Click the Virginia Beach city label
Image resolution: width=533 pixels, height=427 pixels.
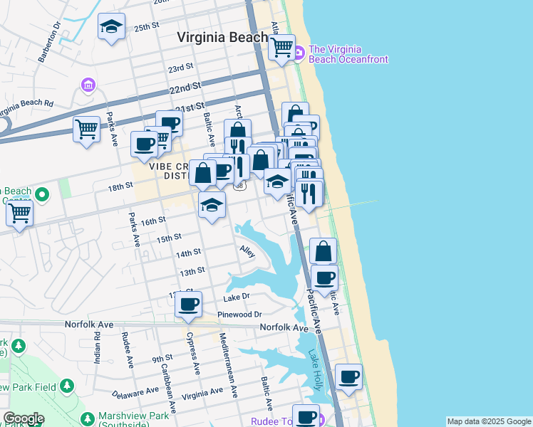tap(223, 36)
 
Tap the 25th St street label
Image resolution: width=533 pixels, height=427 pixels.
tap(145, 27)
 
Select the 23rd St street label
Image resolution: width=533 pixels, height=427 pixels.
tap(180, 68)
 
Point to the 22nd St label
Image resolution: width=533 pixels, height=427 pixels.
tap(184, 89)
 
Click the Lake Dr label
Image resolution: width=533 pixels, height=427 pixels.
tap(237, 297)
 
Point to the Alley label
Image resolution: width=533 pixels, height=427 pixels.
tap(247, 252)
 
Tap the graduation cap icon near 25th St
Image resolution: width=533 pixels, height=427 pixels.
tap(111, 27)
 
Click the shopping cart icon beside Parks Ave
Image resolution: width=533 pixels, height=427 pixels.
tap(87, 130)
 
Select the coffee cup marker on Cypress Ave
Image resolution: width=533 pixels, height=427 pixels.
tap(189, 305)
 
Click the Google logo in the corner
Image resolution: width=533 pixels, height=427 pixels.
tap(24, 418)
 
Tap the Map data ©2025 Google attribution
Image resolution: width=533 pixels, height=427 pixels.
tap(489, 421)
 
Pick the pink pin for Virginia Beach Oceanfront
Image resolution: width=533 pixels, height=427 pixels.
tap(299, 51)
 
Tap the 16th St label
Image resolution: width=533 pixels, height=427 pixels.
tap(153, 222)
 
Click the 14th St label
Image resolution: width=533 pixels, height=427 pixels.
tap(188, 253)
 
